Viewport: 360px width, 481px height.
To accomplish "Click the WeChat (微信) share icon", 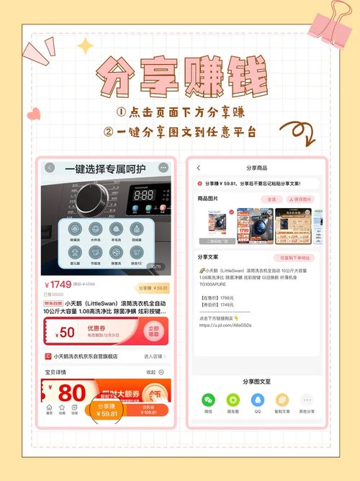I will (208, 401).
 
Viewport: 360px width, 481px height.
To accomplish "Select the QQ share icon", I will (258, 401).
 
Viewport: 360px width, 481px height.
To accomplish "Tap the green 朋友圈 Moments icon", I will (233, 401).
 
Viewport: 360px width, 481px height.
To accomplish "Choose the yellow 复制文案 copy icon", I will (282, 401).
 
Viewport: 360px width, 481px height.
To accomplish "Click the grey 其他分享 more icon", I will (307, 401).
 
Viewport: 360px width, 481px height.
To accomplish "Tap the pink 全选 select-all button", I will (271, 199).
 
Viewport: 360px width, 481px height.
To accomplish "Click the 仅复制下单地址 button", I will (294, 257).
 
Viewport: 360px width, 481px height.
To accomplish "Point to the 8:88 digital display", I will (145, 194).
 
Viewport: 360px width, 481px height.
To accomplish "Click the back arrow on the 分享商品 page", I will (199, 168).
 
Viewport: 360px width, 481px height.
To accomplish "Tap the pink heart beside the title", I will (34, 114).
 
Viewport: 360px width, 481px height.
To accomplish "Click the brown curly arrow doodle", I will (297, 132).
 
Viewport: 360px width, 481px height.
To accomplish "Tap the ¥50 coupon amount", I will (66, 332).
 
